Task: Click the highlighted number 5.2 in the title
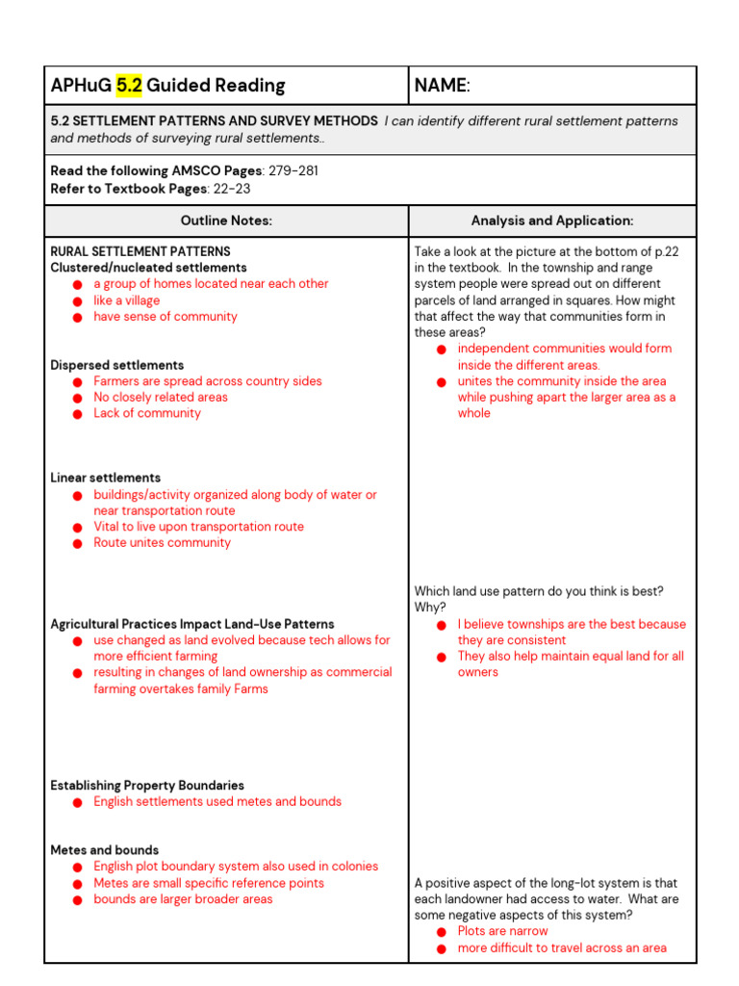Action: tap(129, 86)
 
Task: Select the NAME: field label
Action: tap(442, 86)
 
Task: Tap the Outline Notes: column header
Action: tap(226, 221)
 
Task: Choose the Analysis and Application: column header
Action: tap(551, 221)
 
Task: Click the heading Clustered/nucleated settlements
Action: tap(148, 268)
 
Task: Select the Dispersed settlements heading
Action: tap(116, 365)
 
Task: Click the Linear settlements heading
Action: tap(105, 478)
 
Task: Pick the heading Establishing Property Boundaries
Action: tap(147, 786)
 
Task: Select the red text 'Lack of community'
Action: tap(146, 413)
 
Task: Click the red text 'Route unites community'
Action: tap(162, 543)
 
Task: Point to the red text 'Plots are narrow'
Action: tap(502, 931)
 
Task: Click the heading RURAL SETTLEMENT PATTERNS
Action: tap(140, 251)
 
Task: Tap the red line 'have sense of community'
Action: tap(165, 317)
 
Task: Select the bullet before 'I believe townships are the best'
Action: tap(442, 625)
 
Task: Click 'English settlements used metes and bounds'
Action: tap(217, 802)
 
